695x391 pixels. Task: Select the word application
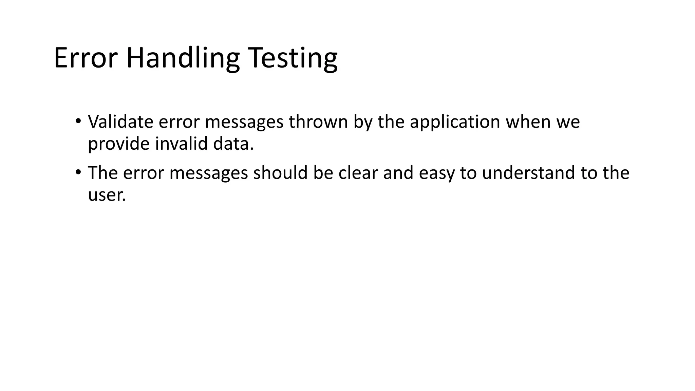click(x=455, y=122)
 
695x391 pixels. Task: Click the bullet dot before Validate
click(x=78, y=121)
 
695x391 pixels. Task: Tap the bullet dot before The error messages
click(x=78, y=172)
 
